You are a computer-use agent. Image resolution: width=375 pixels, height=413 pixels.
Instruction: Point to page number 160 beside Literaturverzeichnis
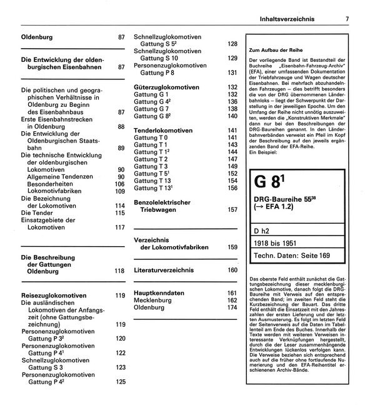[232, 270]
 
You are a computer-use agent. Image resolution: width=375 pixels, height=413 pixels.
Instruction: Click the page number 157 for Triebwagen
[232, 210]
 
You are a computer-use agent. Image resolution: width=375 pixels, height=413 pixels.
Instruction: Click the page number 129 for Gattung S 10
[232, 58]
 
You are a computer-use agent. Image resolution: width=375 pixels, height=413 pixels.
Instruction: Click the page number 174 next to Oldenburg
[232, 308]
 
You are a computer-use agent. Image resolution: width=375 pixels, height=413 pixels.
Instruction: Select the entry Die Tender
[41, 212]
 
